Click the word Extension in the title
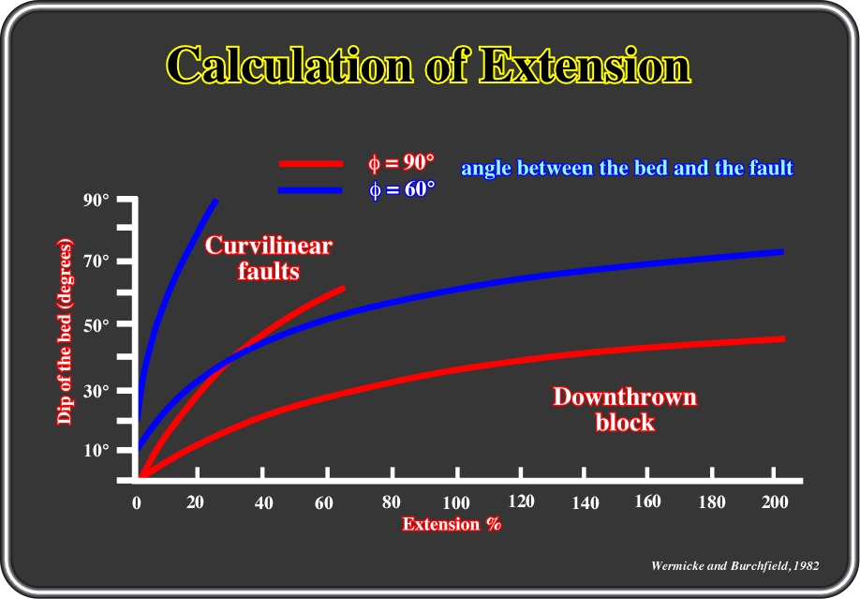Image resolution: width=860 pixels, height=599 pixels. point(585,65)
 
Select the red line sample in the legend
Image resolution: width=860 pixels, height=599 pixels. point(311,164)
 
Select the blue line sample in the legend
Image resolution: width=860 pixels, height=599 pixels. point(310,190)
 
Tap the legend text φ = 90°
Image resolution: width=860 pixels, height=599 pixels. point(401,162)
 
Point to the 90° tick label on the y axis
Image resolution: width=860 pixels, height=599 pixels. point(96,200)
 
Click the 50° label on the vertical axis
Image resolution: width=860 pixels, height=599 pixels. point(96,325)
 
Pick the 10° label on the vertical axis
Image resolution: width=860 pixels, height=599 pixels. point(96,450)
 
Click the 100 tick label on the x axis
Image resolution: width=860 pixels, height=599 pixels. point(456,502)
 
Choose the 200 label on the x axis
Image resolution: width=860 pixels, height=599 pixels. point(775,502)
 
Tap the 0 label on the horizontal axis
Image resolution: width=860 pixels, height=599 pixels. point(137,502)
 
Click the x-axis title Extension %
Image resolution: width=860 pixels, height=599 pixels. point(452,524)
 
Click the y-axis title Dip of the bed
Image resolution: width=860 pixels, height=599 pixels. point(65,332)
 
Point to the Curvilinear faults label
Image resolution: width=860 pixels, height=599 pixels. point(269,258)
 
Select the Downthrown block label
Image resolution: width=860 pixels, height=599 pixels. point(625,410)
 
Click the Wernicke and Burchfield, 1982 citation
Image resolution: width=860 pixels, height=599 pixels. point(735,565)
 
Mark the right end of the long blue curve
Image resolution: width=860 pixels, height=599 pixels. point(782,252)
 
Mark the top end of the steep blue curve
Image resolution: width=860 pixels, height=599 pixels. point(216,201)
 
